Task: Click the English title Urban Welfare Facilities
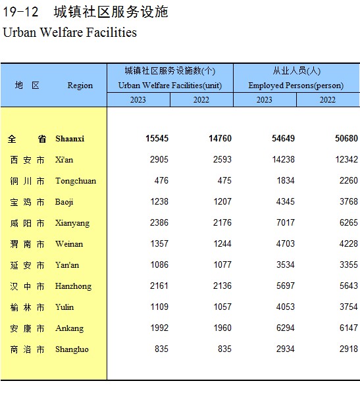pyautogui.click(x=70, y=33)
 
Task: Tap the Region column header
pyautogui.click(x=80, y=86)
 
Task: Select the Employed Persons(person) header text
pyautogui.click(x=296, y=86)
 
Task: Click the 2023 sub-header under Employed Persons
pyautogui.click(x=265, y=100)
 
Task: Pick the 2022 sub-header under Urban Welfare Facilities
pyautogui.click(x=201, y=100)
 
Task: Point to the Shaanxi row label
pyautogui.click(x=70, y=139)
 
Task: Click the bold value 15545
pyautogui.click(x=157, y=138)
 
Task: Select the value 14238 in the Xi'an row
pyautogui.click(x=284, y=159)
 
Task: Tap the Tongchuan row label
pyautogui.click(x=76, y=181)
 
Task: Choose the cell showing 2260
pyautogui.click(x=348, y=180)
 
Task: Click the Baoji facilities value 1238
pyautogui.click(x=159, y=201)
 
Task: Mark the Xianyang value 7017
pyautogui.click(x=286, y=222)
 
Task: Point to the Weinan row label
pyautogui.click(x=69, y=244)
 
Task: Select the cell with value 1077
pyautogui.click(x=222, y=264)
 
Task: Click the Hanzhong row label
pyautogui.click(x=73, y=286)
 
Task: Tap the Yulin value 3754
pyautogui.click(x=348, y=307)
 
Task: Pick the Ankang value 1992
pyautogui.click(x=159, y=328)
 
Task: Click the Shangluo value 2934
pyautogui.click(x=286, y=349)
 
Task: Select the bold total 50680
pyautogui.click(x=346, y=138)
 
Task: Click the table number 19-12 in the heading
pyautogui.click(x=20, y=12)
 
